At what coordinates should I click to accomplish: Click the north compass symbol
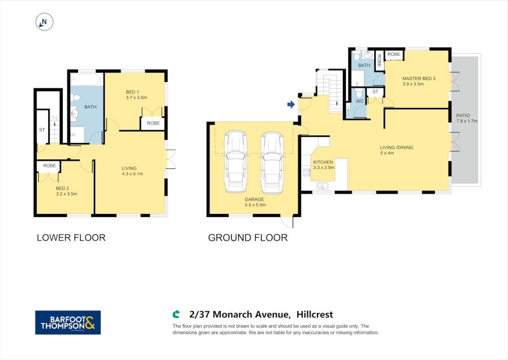[44, 22]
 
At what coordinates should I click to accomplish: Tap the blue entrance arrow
[291, 104]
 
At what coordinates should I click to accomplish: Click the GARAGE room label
[254, 199]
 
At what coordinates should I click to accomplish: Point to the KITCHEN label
[323, 163]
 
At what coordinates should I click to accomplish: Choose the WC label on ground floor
[359, 101]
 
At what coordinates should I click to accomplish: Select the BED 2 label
[62, 188]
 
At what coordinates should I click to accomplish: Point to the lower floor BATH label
[90, 107]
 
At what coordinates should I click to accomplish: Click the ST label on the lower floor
[43, 130]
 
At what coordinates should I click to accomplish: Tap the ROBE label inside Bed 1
[153, 123]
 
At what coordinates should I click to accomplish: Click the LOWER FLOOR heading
[70, 238]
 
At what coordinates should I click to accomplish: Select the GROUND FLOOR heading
[248, 238]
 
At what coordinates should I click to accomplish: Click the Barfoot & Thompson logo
[67, 323]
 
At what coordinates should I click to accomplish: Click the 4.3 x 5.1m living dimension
[133, 173]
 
